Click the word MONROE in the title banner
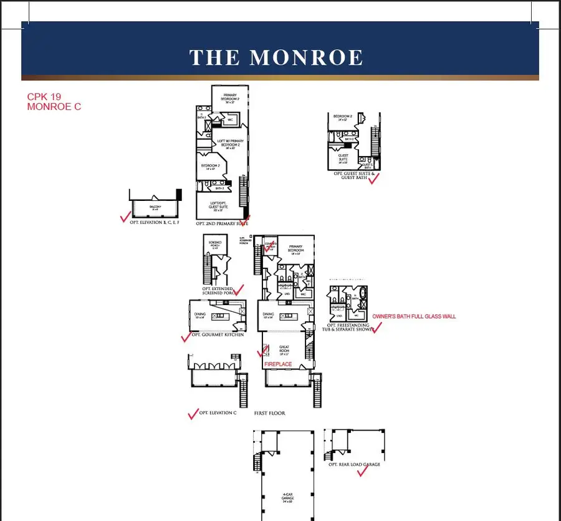(307, 57)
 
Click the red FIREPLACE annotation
(277, 364)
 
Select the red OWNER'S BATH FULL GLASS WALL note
(414, 316)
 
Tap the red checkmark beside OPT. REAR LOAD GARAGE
(362, 472)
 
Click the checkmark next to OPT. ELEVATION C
(193, 414)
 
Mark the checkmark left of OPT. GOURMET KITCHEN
(186, 337)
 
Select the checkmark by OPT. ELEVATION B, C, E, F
(125, 217)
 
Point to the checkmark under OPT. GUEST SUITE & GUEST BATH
(373, 178)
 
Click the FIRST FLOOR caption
(270, 413)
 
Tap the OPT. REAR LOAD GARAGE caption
(354, 464)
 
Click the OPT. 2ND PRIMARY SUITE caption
(222, 223)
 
